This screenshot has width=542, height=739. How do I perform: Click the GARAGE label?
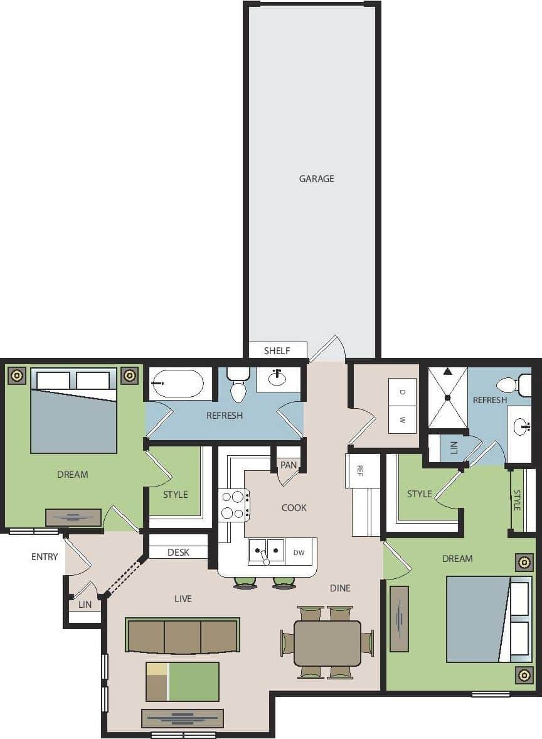(x=316, y=179)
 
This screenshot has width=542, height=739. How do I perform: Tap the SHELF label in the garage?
(x=277, y=351)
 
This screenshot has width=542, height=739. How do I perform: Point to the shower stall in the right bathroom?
(x=447, y=397)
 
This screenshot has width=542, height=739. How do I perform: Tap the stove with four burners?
(x=234, y=505)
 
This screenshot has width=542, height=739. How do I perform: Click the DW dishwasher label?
(x=299, y=553)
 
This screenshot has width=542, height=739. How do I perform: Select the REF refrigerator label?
(x=360, y=470)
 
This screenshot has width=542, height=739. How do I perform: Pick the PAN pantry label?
(x=289, y=465)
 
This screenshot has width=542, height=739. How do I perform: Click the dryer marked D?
(x=402, y=392)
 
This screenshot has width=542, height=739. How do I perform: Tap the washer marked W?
(x=402, y=419)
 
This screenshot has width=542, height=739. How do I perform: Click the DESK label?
(x=178, y=553)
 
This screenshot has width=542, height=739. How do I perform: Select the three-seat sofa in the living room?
(x=183, y=636)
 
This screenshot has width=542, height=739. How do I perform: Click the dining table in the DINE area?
(x=327, y=643)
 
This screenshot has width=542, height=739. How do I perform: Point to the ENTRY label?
(x=45, y=557)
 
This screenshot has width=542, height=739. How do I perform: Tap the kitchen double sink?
(x=266, y=552)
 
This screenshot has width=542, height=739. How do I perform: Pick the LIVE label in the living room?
(x=183, y=599)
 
